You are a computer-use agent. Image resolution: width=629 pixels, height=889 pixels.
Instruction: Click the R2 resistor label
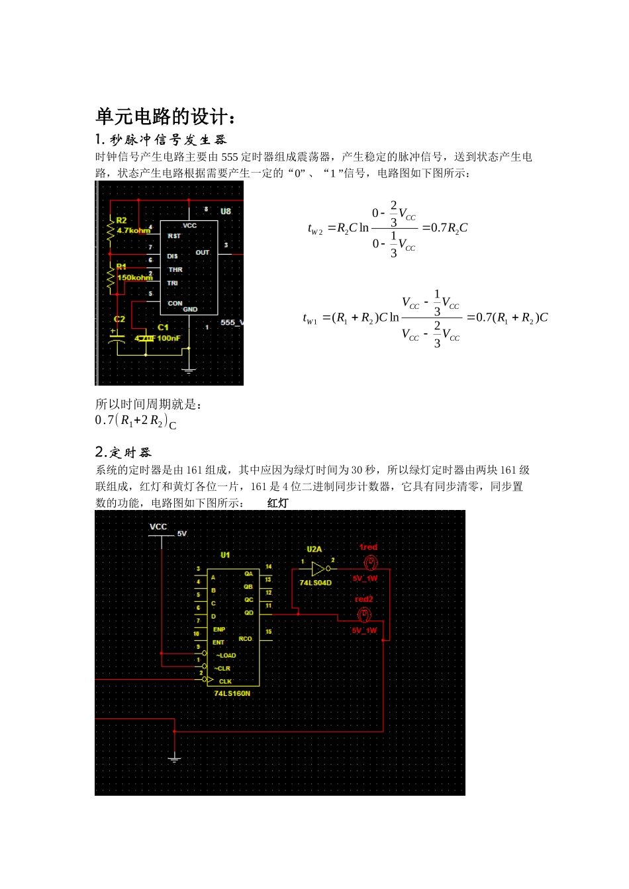pos(121,220)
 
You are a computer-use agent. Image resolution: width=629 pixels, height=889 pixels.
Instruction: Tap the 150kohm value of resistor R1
pos(134,278)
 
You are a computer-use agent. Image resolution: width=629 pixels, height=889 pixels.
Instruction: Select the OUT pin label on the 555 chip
pos(203,253)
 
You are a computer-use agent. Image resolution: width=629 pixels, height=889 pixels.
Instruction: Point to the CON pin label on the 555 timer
pos(175,304)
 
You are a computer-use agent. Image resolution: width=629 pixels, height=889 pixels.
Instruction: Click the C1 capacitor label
pos(164,327)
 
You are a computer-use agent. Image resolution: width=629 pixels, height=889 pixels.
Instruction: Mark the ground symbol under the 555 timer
pos(189,370)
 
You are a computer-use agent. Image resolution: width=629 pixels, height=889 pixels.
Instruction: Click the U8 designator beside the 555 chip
pos(226,212)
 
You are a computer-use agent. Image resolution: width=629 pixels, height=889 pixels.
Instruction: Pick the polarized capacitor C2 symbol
pos(117,339)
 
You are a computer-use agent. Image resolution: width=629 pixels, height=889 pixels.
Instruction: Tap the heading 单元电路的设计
pos(166,116)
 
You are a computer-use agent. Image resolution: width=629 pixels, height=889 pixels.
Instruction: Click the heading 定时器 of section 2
pos(130,452)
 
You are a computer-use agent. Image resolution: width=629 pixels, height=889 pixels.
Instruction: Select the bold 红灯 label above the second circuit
pos(278,503)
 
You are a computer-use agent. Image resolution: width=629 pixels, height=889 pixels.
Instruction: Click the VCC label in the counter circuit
pos(158,527)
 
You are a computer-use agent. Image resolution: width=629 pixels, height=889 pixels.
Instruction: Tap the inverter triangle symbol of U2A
pos(318,569)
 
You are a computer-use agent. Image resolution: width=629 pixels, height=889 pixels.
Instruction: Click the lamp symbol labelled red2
pos(364,615)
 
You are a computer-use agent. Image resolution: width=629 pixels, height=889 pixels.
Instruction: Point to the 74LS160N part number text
pos(232,693)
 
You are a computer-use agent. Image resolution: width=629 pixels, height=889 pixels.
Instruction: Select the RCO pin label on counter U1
pos(246,639)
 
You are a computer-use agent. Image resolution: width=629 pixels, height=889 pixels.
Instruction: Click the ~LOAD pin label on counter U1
pos(226,656)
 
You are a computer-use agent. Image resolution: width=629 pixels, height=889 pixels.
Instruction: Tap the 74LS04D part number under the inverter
pos(315,583)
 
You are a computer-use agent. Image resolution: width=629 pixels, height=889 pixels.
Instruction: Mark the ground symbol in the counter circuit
pos(174,759)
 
